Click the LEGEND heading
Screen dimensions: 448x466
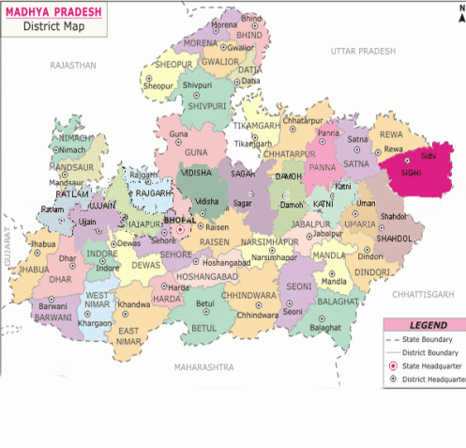pyautogui.click(x=422, y=323)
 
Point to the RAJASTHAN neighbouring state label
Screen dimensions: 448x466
pyautogui.click(x=74, y=65)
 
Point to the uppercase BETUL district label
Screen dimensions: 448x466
pyautogui.click(x=203, y=329)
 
